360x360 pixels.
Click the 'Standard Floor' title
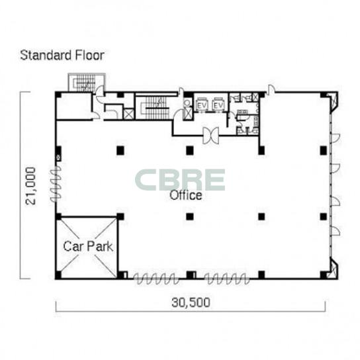[x=62, y=56]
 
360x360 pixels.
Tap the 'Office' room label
[x=186, y=195]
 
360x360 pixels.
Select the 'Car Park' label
[x=88, y=246]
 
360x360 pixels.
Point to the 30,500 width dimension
[x=191, y=302]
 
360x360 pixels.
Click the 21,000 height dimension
[x=30, y=186]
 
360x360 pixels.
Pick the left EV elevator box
[x=202, y=105]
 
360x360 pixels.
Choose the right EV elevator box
[x=218, y=105]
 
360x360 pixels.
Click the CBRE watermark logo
[x=180, y=180]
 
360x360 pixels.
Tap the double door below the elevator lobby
[x=210, y=136]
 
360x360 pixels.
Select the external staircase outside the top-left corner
[x=87, y=83]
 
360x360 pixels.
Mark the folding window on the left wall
[x=56, y=185]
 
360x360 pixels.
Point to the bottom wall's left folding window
[x=156, y=279]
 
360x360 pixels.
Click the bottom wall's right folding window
[x=227, y=279]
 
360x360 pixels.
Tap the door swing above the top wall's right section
[x=271, y=89]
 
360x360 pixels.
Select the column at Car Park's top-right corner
[x=120, y=216]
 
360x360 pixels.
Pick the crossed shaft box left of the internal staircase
[x=128, y=114]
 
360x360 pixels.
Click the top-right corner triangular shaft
[x=334, y=101]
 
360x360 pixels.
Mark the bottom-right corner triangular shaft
[x=334, y=268]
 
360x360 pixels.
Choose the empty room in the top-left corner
[x=74, y=106]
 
